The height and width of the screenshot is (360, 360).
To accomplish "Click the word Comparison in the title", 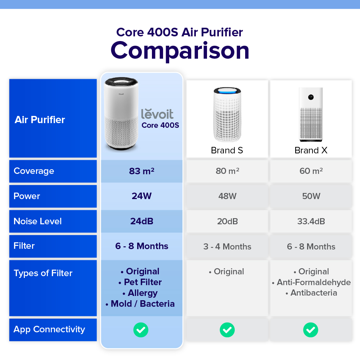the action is tap(180, 51).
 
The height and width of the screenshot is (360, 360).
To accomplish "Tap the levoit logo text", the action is tap(157, 114).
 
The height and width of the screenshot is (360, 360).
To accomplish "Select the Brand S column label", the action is tap(227, 150).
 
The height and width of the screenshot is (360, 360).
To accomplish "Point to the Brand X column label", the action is tap(311, 150).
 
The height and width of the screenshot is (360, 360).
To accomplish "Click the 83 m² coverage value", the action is tap(141, 171).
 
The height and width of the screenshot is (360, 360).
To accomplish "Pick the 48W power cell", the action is tap(227, 196).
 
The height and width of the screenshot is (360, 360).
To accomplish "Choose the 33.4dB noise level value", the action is tap(311, 221).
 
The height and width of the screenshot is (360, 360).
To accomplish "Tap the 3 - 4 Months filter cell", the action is tap(227, 247).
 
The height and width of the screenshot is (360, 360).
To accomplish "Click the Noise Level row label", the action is tap(38, 221).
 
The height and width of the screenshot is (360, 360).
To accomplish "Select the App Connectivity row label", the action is tap(49, 329).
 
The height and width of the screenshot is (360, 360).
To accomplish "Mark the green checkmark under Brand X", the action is tap(311, 330).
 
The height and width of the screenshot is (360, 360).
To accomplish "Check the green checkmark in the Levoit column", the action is tap(141, 330).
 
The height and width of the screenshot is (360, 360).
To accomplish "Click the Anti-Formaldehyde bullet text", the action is tap(314, 282).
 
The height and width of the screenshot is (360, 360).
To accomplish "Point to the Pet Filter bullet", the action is tap(143, 282).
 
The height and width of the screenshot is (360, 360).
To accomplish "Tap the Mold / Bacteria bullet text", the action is tap(143, 304).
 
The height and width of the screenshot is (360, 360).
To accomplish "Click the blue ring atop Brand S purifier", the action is tap(227, 90).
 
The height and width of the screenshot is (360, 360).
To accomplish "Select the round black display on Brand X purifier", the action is tap(311, 97).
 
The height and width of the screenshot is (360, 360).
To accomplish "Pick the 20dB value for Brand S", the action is tap(227, 221).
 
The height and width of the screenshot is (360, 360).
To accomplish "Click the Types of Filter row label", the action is tap(43, 273).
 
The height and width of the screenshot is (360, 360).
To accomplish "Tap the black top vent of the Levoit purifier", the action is tap(121, 81).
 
